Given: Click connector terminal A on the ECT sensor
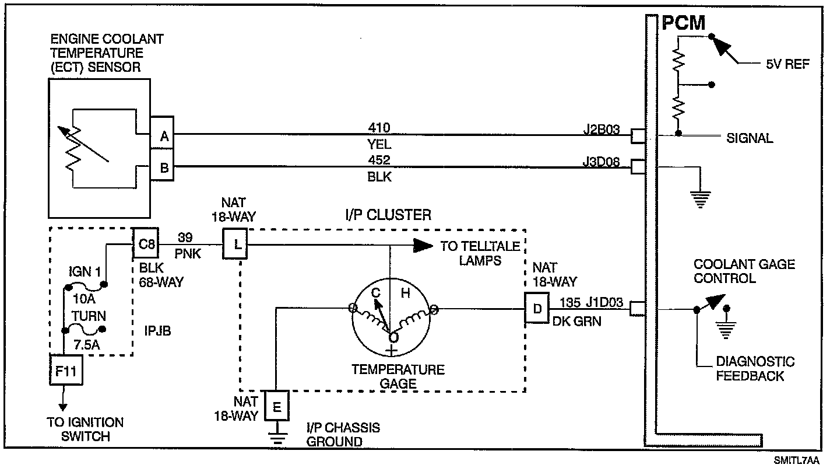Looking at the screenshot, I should pos(164,137).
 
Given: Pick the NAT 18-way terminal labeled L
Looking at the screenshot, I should pos(236,244).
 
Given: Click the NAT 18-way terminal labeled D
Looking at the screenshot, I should pos(537,308).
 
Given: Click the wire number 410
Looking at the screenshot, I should pos(379,127).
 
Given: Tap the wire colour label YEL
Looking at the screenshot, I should pos(379,144).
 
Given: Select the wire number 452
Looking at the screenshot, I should pos(379,160).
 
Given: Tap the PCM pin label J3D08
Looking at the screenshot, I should pos(602,162).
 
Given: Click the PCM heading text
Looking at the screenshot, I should pos(683,23).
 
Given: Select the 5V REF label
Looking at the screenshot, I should pos(787,64).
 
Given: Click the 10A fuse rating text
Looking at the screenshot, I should pos(84,299).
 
